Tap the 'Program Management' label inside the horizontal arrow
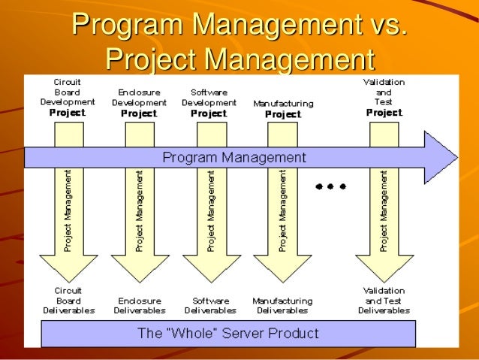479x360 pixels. (234, 157)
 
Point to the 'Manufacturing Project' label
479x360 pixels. (283, 108)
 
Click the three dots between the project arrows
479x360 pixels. (330, 186)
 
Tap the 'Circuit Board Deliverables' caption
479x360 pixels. (68, 300)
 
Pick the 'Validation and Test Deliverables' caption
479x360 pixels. (384, 300)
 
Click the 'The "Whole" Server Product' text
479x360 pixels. (227, 333)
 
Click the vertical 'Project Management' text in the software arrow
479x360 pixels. (210, 210)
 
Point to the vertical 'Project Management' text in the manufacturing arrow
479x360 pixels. (282, 210)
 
